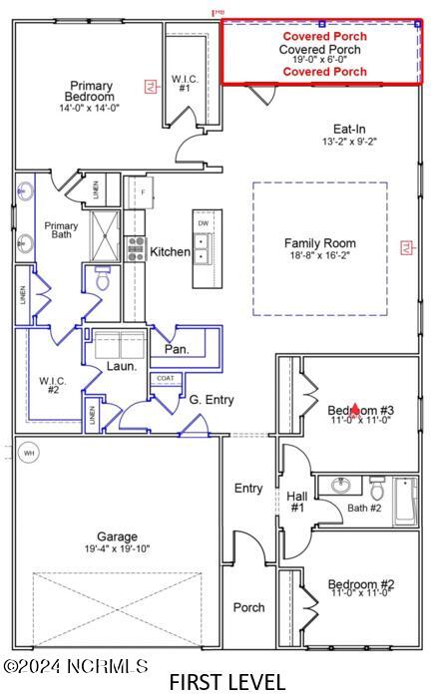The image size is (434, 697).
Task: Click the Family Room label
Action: [319, 243]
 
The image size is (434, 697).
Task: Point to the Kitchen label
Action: [171, 252]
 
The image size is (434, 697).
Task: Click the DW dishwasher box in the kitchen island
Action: [204, 224]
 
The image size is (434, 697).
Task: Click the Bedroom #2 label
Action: [361, 585]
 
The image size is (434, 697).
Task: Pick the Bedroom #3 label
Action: [361, 410]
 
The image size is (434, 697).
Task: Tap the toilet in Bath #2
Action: [377, 490]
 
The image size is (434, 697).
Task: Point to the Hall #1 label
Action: [296, 502]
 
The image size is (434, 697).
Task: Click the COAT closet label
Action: [165, 378]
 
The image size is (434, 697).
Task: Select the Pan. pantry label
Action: [176, 351]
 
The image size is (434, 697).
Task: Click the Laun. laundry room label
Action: [122, 367]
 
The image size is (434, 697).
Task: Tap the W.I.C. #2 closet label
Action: [52, 385]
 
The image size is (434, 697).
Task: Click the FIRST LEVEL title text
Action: [226, 682]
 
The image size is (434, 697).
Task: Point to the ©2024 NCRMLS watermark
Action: [76, 665]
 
